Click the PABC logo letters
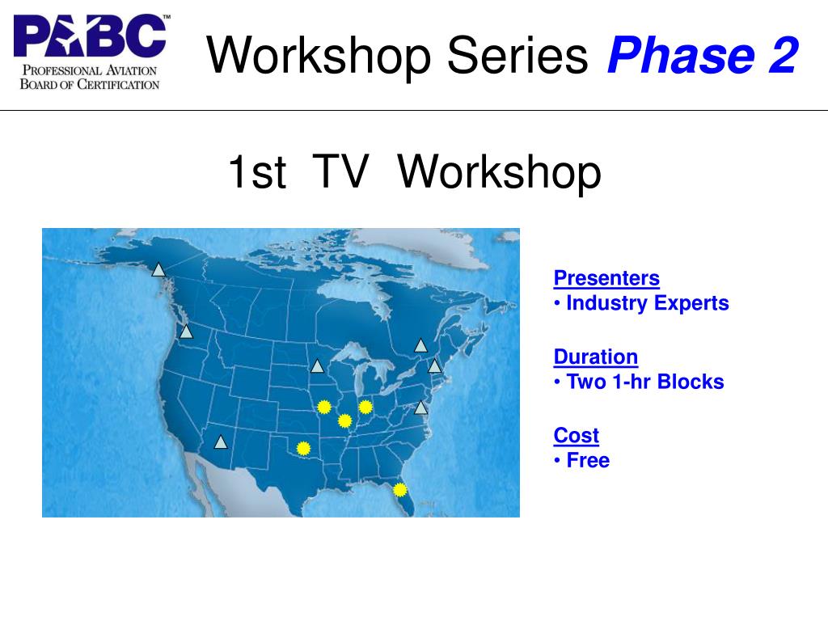click(90, 36)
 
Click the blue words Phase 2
click(703, 55)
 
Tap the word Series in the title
click(517, 55)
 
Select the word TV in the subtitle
click(340, 171)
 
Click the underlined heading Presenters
click(606, 278)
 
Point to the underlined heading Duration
click(596, 357)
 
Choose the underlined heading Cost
click(576, 436)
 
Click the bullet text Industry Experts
click(648, 303)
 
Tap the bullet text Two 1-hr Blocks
click(644, 382)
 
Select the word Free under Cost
click(588, 460)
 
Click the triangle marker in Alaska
click(158, 270)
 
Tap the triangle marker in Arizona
click(221, 442)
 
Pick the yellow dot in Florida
click(400, 491)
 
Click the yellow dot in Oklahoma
click(303, 449)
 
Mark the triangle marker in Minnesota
click(317, 366)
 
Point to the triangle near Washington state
click(186, 332)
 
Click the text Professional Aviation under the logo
click(90, 70)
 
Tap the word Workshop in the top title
click(319, 56)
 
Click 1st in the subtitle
click(257, 171)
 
